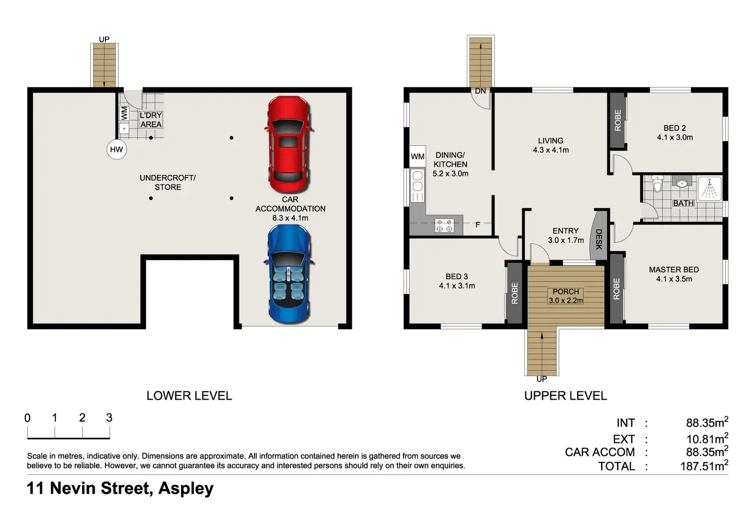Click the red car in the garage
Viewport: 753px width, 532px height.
[x=289, y=145]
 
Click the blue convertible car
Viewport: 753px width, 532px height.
[x=289, y=274]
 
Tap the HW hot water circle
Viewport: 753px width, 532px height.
[x=117, y=149]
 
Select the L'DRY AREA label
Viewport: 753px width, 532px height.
[x=151, y=120]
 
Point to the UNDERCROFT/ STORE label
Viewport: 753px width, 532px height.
[x=168, y=183]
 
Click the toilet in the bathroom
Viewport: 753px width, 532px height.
[x=657, y=184]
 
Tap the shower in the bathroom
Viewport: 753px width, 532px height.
[x=710, y=189]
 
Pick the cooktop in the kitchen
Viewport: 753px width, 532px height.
[x=444, y=226]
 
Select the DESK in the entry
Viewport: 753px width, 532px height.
[x=599, y=235]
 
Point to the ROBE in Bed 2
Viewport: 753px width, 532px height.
[x=618, y=120]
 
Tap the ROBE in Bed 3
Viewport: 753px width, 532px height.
[x=515, y=293]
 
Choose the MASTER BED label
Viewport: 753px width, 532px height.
[x=674, y=270]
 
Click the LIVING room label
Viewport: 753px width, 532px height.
[x=550, y=141]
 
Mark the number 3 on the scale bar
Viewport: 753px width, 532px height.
[x=109, y=418]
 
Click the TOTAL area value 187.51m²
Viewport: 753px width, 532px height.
[x=704, y=466]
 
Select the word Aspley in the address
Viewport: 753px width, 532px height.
[x=186, y=489]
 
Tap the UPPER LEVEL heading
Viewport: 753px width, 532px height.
[x=566, y=395]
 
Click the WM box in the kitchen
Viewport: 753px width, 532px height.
[x=417, y=156]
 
